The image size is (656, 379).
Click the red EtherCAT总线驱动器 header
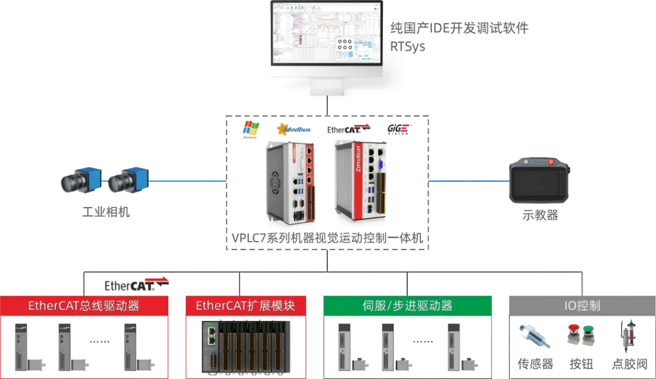[x=84, y=306]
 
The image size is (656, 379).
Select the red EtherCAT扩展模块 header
[x=245, y=306]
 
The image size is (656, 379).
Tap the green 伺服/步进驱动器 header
[x=406, y=306]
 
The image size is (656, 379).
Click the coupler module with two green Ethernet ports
[x=212, y=346]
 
